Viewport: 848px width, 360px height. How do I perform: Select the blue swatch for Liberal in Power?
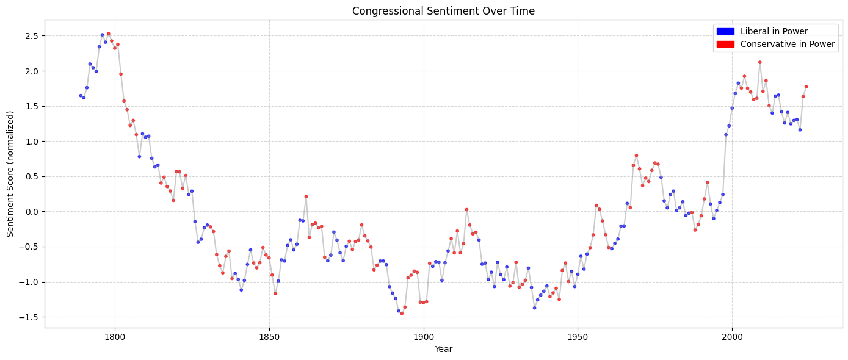725,31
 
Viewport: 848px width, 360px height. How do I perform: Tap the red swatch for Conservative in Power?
725,44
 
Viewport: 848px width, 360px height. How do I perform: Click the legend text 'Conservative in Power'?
788,44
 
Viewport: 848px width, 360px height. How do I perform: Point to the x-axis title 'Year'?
444,349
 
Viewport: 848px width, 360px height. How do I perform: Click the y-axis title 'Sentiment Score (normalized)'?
10,174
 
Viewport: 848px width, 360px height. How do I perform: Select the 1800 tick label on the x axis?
115,337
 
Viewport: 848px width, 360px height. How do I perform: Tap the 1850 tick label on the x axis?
269,337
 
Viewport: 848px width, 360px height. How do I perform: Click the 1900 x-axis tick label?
424,337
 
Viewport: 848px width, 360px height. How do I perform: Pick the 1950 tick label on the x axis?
578,337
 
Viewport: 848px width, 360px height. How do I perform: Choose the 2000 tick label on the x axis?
732,337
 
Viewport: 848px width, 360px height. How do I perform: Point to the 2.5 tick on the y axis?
32,36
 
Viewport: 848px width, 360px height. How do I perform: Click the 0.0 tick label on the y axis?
32,212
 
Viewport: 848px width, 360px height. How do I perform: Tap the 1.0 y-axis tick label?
32,142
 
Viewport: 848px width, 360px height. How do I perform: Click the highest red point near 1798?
109,34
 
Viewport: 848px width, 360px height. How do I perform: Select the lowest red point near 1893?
402,313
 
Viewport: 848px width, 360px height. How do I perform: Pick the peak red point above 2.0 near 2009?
759,62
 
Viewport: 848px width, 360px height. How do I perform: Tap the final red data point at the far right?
806,87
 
